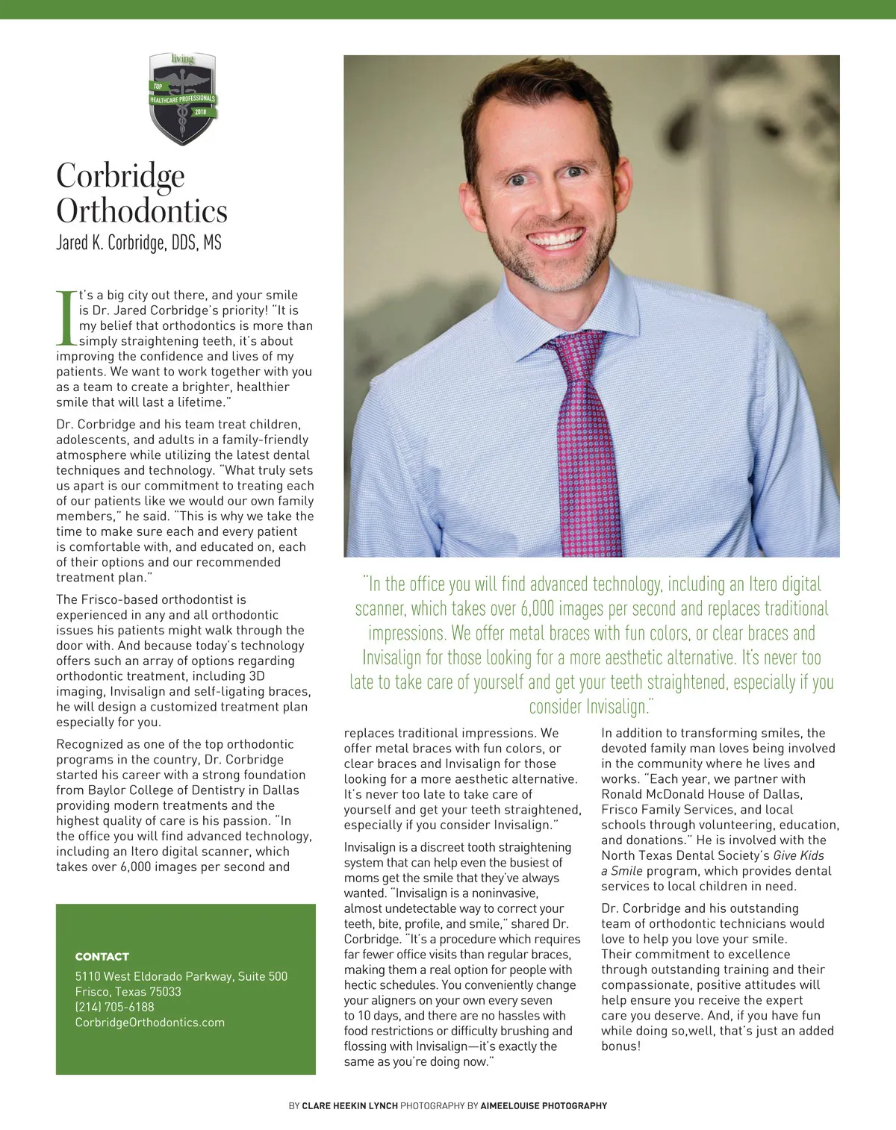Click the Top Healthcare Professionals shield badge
pos(183,99)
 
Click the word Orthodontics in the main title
pos(142,211)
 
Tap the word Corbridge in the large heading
pos(120,176)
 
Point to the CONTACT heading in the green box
pos(102,956)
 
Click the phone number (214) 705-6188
pos(115,1007)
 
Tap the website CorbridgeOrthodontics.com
pos(150,1023)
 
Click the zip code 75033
pos(165,992)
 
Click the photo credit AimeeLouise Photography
pos(544,1105)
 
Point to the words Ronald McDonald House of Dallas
pos(702,794)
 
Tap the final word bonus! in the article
pos(621,1046)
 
